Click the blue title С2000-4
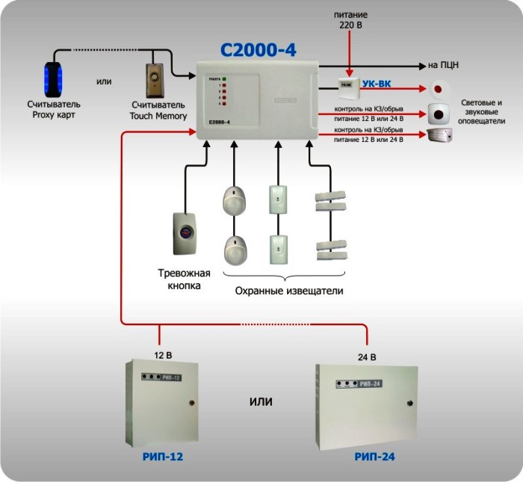[x=258, y=50]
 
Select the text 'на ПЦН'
[x=443, y=66]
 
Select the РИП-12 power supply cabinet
[x=163, y=403]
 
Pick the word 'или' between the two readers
[x=105, y=81]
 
